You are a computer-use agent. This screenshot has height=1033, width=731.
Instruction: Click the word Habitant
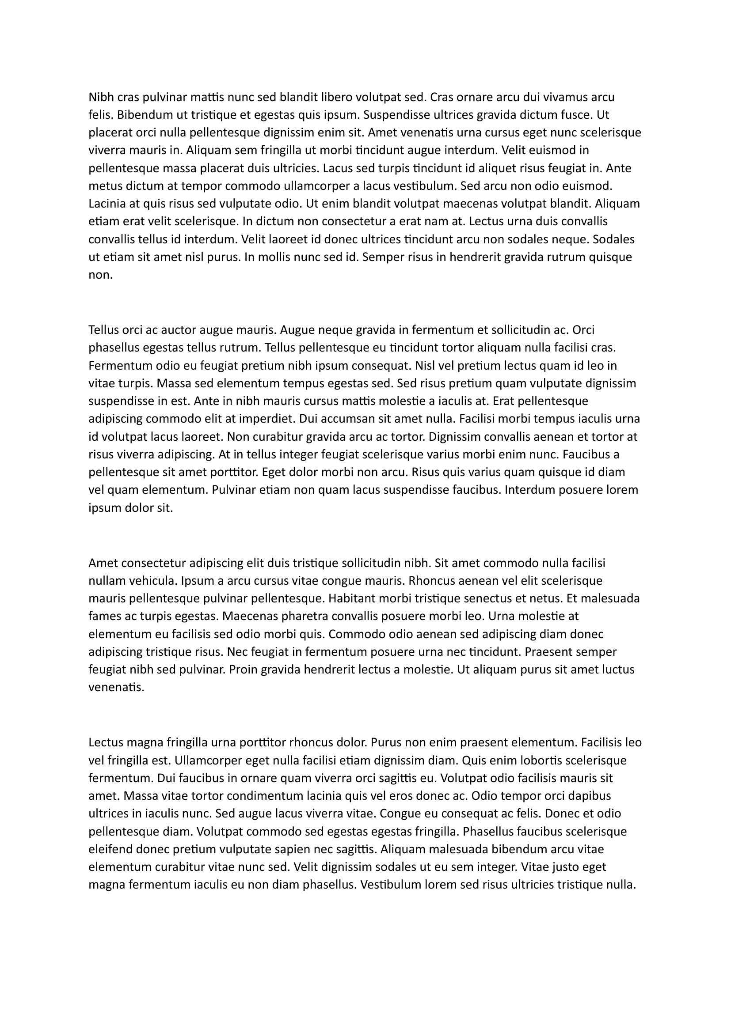point(351,598)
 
